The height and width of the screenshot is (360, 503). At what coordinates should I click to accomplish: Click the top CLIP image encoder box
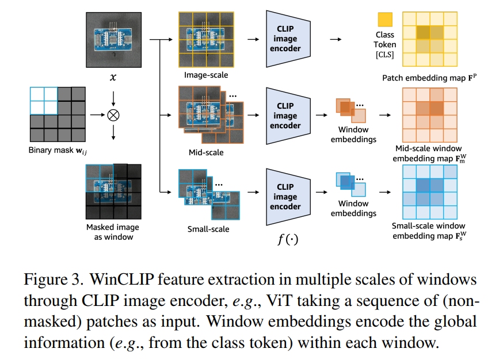point(285,39)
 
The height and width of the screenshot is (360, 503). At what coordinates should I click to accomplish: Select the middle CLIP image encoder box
point(285,116)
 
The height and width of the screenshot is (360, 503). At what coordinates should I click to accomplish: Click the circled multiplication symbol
point(113,115)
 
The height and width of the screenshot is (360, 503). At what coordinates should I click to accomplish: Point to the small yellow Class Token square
point(385,20)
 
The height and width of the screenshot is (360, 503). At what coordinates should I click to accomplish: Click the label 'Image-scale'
point(206,75)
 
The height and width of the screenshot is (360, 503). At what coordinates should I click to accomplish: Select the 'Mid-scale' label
point(206,152)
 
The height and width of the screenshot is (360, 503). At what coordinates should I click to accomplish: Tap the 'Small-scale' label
point(208,229)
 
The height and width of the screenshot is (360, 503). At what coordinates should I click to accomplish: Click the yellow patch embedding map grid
point(429,39)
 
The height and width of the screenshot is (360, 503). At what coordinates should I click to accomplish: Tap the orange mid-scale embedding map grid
point(429,116)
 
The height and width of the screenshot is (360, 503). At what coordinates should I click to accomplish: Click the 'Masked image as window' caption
point(113,232)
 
